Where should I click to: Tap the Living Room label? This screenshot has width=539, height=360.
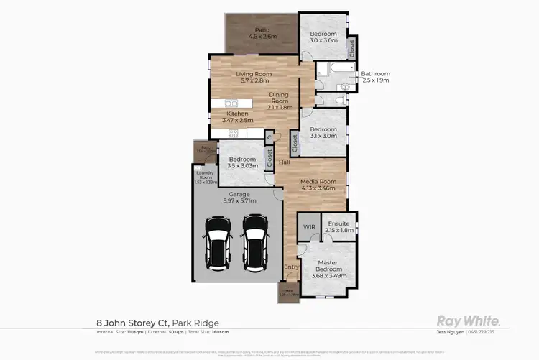click(253, 77)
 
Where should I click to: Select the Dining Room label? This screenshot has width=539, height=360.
click(279, 98)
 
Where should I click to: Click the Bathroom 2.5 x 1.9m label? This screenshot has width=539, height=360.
click(374, 77)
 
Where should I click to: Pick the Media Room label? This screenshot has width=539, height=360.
click(317, 185)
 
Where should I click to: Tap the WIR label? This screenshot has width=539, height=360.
click(309, 226)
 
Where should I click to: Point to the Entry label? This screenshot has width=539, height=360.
click(291, 267)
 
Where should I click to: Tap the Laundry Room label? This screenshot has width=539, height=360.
click(206, 177)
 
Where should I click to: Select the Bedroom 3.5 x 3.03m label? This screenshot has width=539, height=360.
click(242, 162)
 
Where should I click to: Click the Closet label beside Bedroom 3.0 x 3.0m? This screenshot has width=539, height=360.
click(351, 48)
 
